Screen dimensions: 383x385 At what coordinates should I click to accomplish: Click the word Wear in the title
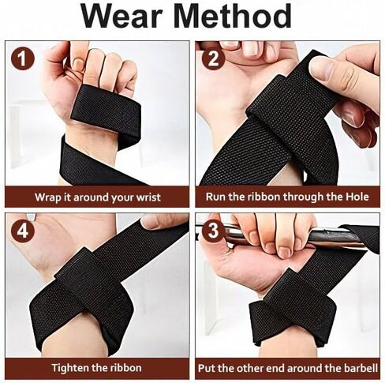129,17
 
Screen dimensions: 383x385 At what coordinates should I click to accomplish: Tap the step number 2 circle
213,59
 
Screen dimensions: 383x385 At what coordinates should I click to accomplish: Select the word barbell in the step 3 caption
360,367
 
